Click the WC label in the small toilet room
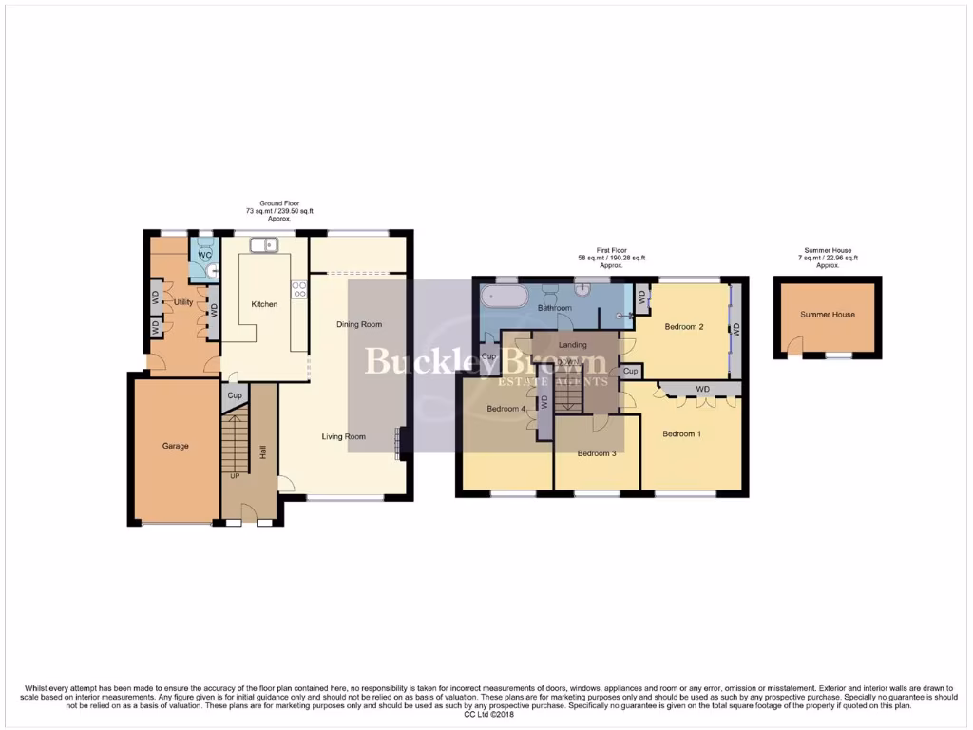(x=205, y=255)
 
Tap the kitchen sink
(x=262, y=246)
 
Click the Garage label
(x=175, y=446)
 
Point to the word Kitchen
(x=264, y=304)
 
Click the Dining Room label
(x=359, y=324)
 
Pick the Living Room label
(x=343, y=437)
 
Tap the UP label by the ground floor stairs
(x=234, y=475)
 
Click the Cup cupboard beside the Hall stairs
(x=235, y=395)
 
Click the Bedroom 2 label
(x=683, y=327)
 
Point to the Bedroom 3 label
(x=597, y=453)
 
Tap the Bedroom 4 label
(x=506, y=409)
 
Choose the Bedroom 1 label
(x=681, y=434)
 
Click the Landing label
(x=573, y=345)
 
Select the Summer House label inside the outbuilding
(x=827, y=315)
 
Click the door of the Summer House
(x=792, y=351)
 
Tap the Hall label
(x=262, y=452)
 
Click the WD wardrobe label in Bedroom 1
(x=702, y=389)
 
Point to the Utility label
(x=183, y=301)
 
